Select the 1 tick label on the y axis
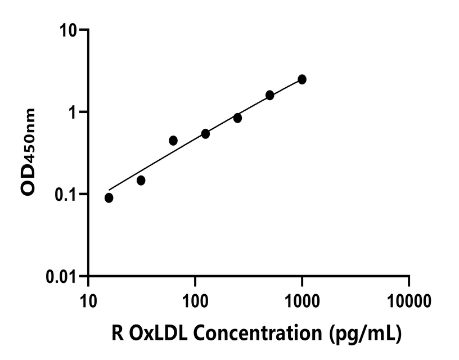[x=73, y=111]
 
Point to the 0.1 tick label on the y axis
[x=65, y=194]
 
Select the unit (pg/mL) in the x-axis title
[x=366, y=334]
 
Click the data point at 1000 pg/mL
[x=302, y=79]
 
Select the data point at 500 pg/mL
[x=270, y=95]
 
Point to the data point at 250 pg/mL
[x=237, y=118]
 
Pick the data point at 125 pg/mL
[x=205, y=134]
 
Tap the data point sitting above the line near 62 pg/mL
[x=173, y=140]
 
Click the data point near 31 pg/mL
[x=141, y=181]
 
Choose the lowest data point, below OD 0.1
[x=109, y=198]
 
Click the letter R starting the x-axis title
[x=119, y=334]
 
